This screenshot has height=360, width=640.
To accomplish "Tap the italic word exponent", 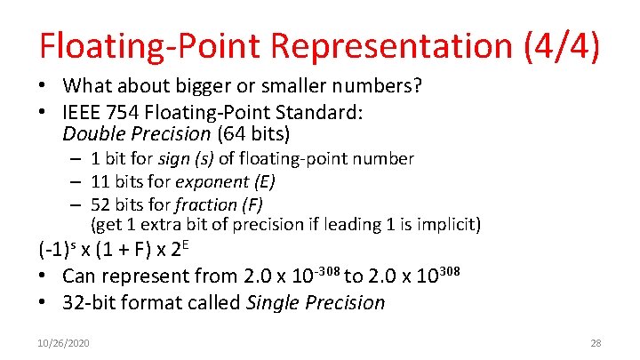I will (211, 181).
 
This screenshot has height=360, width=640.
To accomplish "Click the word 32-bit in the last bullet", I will (91, 302).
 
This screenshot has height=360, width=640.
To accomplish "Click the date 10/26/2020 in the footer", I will (65, 342).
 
